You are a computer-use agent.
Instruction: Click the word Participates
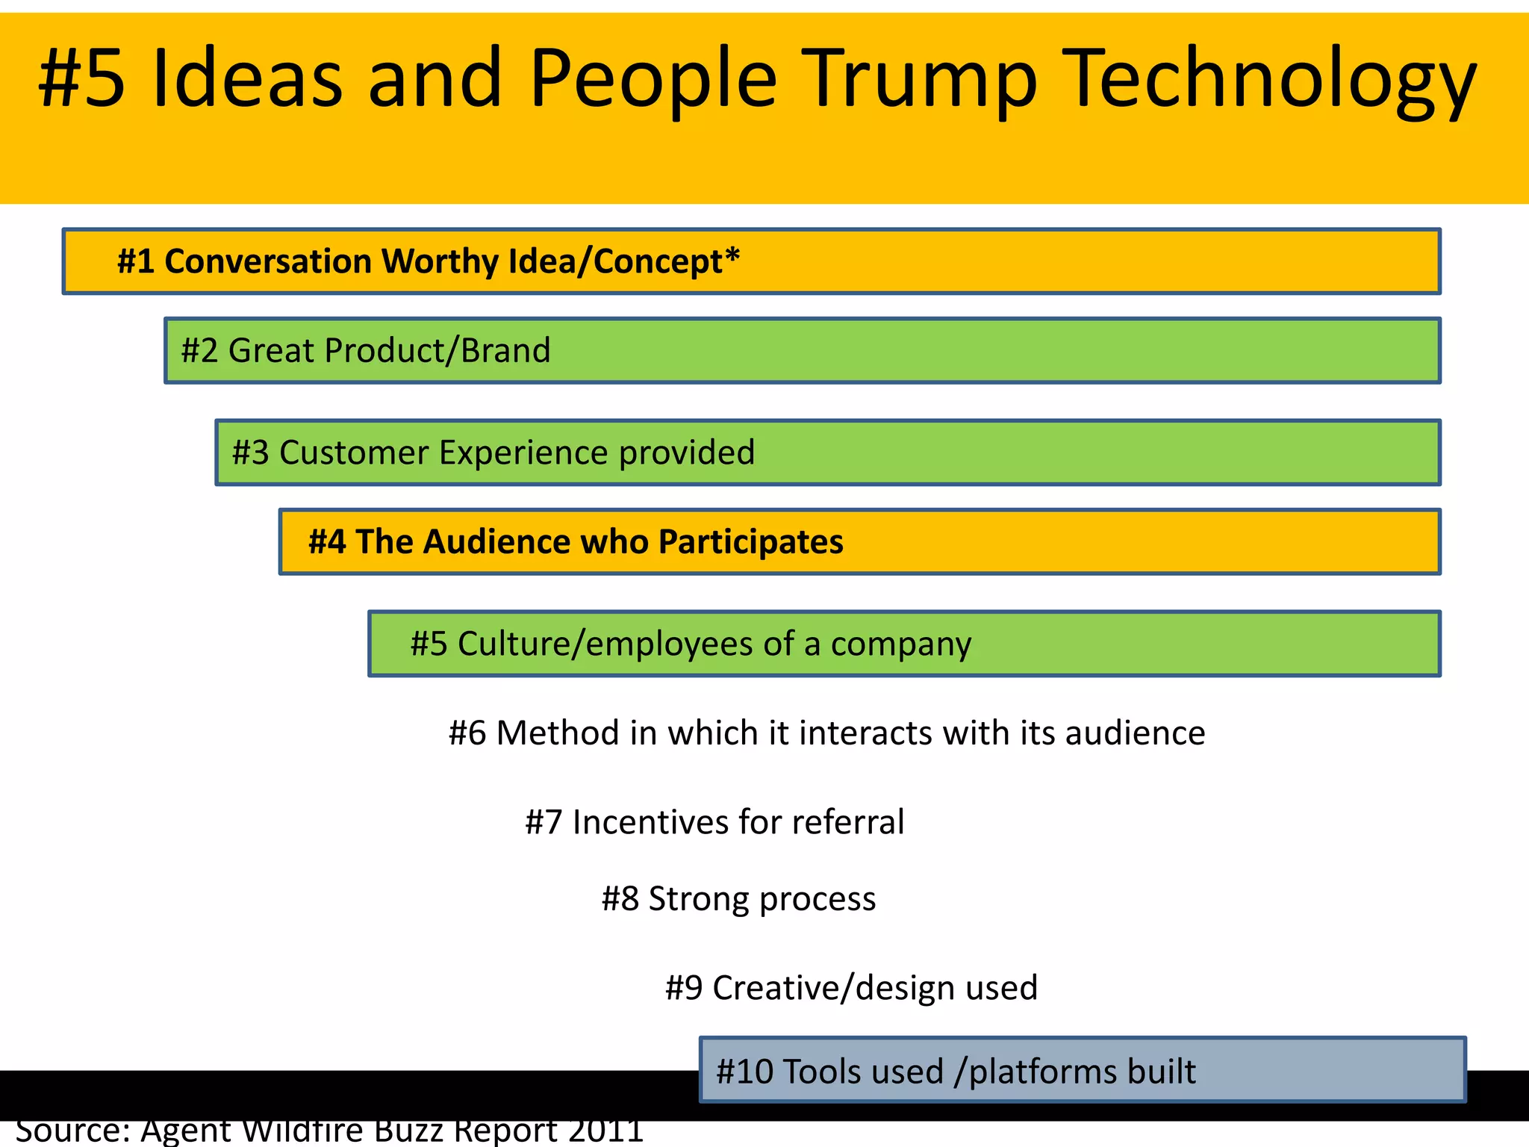(750, 541)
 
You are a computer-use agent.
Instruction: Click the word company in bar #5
(901, 644)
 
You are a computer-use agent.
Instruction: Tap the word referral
(848, 822)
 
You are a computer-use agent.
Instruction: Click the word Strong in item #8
(698, 898)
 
